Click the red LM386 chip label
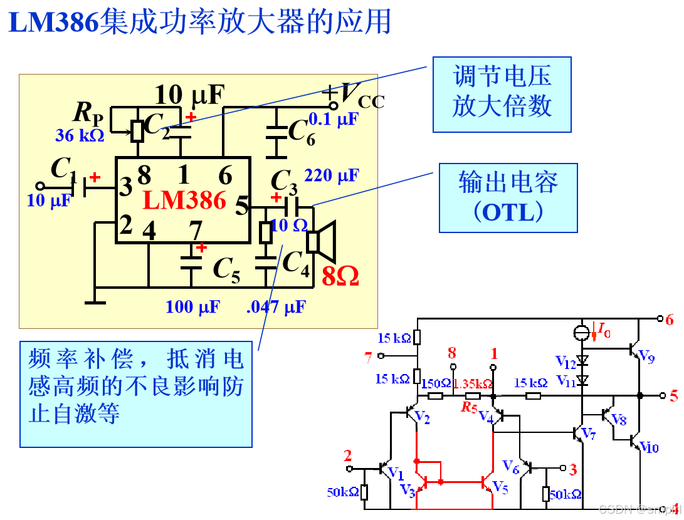pos(184,200)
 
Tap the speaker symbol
pos(322,241)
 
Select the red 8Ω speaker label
pos(340,276)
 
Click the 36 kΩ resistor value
pos(80,135)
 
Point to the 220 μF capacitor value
pos(331,175)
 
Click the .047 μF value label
pos(276,307)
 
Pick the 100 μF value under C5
pos(192,307)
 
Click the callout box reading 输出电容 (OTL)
pos(508,198)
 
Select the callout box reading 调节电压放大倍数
pos(502,95)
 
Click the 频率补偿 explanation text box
pos(135,394)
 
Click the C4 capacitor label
pos(296,263)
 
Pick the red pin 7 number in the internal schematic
pos(368,357)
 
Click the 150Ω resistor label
pos(436,383)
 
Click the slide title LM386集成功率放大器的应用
pos(199,23)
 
